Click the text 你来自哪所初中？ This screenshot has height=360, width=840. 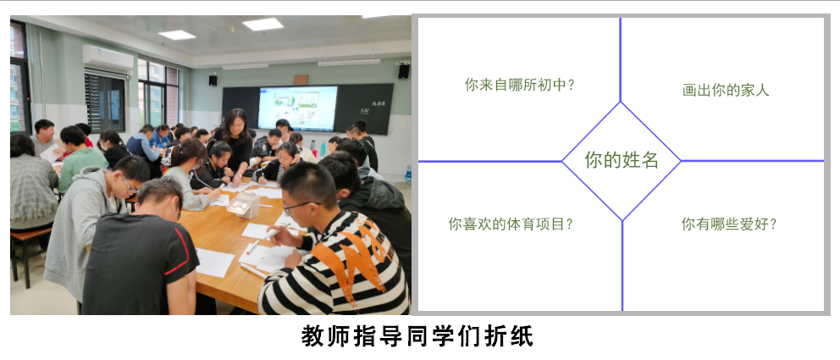tap(519, 85)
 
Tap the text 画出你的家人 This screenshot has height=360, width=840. tap(726, 90)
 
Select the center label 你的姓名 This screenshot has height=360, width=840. tap(622, 159)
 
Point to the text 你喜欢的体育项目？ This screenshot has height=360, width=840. tap(511, 224)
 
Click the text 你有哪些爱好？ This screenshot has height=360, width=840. tap(728, 224)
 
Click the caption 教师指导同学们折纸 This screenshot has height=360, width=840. tap(417, 337)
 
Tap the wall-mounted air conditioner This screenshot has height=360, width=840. tap(108, 58)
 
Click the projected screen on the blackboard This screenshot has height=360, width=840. tap(297, 108)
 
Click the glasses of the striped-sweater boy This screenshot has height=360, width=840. tap(301, 205)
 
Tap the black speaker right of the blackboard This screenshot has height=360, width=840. tap(403, 70)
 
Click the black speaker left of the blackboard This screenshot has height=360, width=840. tap(213, 80)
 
